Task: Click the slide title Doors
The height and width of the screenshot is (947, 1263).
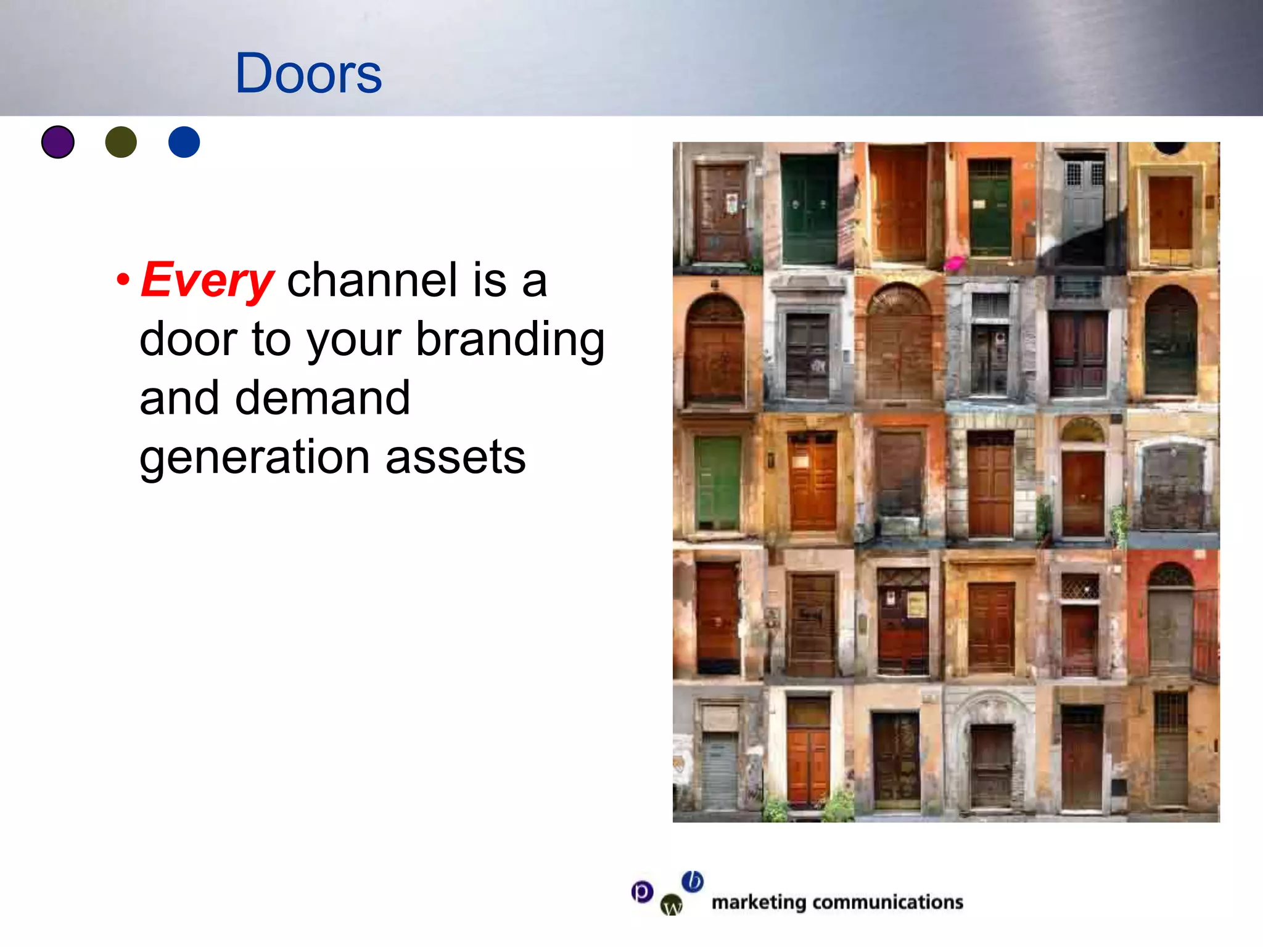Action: click(308, 73)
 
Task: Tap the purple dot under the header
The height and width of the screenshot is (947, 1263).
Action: click(58, 142)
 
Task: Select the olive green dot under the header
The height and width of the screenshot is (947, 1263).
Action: click(121, 142)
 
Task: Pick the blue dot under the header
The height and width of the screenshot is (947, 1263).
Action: click(184, 142)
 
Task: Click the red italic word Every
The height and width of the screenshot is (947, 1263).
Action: click(207, 281)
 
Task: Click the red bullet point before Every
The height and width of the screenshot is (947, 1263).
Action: click(123, 279)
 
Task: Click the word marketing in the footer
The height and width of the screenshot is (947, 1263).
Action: click(759, 903)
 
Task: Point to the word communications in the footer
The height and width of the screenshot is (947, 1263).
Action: click(887, 903)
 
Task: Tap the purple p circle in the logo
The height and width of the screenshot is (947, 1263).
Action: click(642, 892)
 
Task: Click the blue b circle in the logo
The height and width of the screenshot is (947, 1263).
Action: click(693, 881)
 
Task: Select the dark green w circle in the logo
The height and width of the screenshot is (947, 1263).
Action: click(672, 905)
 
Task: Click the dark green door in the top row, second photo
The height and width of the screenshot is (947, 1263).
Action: click(809, 210)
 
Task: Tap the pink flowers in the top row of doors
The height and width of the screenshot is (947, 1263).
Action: click(954, 263)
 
